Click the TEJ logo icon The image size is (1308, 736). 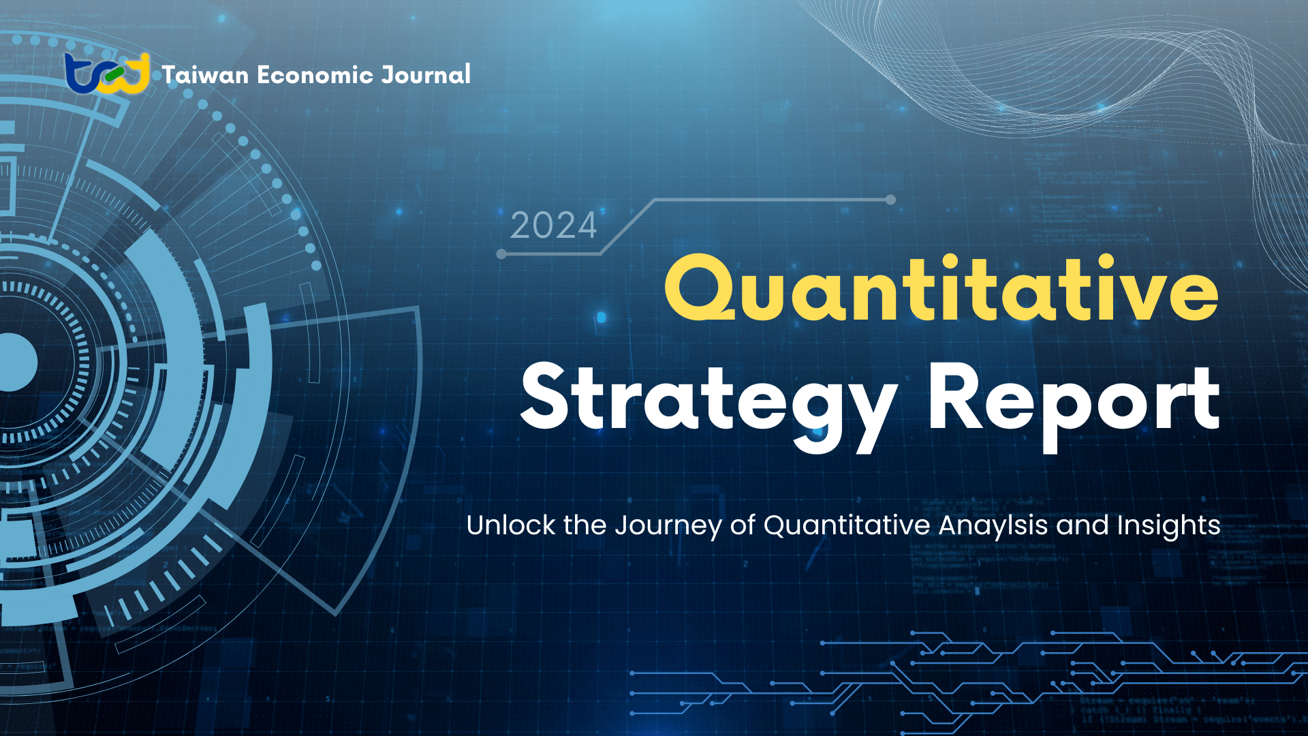[x=108, y=74]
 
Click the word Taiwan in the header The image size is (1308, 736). [x=205, y=75]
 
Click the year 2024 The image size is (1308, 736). [x=553, y=226]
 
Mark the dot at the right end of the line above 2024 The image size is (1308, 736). [x=890, y=200]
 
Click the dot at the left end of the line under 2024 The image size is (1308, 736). [x=501, y=254]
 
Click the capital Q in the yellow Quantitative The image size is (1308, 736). [x=700, y=290]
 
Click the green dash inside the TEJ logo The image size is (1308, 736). [x=114, y=72]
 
